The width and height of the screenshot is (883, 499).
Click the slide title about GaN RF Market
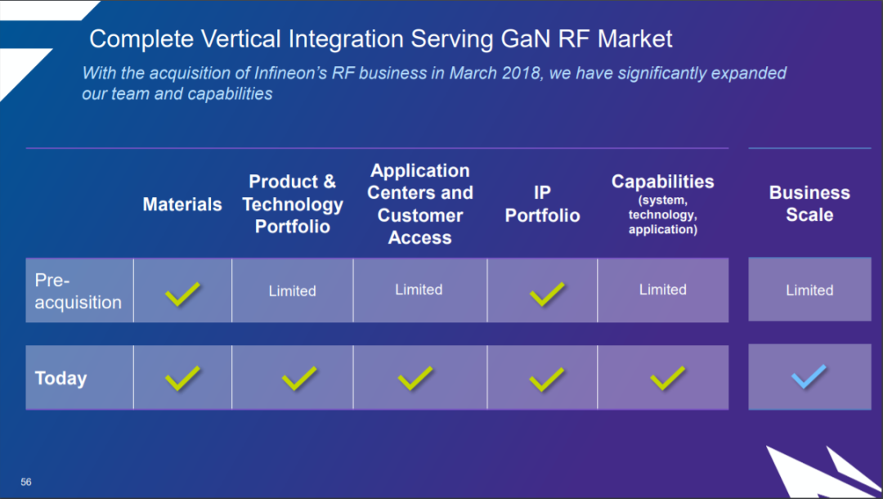tap(381, 38)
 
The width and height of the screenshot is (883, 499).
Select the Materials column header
tap(182, 205)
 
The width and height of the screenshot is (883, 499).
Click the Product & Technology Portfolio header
tap(293, 204)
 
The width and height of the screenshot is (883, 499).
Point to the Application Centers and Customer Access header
tap(419, 204)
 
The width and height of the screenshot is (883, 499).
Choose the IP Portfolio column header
tap(542, 204)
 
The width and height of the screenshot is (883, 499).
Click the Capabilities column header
tap(662, 182)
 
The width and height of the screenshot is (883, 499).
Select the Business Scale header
tap(809, 204)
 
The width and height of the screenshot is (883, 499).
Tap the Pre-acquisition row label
tap(78, 291)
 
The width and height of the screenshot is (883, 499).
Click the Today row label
tap(61, 378)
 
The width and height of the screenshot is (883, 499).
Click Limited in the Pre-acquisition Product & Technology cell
tap(292, 291)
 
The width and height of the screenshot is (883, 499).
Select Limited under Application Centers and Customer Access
tap(419, 290)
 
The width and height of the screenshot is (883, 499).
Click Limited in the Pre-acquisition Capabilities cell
tap(662, 290)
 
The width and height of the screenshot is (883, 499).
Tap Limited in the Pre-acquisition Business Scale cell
tap(809, 290)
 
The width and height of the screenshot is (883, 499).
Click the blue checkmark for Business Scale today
tap(809, 377)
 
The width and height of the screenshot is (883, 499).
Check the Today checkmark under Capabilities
tap(667, 377)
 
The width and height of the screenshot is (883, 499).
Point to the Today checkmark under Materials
tap(182, 377)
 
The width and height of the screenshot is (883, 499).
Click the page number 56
tap(26, 482)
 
